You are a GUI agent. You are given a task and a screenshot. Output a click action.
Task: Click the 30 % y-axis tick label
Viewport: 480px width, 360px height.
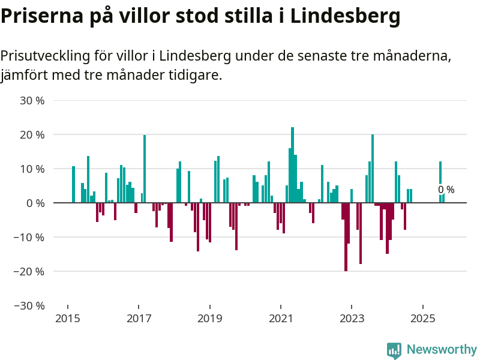(x=32, y=101)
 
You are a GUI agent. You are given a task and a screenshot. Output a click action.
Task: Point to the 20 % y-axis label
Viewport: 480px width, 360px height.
(x=32, y=135)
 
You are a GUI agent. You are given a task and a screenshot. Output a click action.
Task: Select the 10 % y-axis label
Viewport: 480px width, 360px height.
(x=32, y=169)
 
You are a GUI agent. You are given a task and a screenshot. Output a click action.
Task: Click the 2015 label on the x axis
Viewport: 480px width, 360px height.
(x=67, y=317)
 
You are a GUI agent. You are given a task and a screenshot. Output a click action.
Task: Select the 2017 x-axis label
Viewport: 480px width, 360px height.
(x=139, y=317)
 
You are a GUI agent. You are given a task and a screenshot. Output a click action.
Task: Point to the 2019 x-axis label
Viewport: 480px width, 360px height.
(x=209, y=317)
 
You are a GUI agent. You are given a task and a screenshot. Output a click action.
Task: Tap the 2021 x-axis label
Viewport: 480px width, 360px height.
(x=281, y=317)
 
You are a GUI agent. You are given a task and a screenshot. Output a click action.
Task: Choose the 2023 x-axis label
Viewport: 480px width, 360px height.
(x=352, y=317)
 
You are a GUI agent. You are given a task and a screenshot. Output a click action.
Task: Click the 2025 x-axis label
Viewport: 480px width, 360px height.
(x=423, y=317)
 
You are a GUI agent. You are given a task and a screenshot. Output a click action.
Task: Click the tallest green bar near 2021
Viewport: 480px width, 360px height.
(x=292, y=165)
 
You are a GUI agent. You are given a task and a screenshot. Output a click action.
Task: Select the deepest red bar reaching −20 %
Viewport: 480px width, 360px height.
(x=346, y=237)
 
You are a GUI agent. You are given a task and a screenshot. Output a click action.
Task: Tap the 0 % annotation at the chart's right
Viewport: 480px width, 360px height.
(x=446, y=190)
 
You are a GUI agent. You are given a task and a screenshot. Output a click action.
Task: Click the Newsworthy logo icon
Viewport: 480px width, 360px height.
(x=394, y=350)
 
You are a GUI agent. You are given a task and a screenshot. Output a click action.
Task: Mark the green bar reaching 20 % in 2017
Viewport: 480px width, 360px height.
(x=145, y=169)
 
